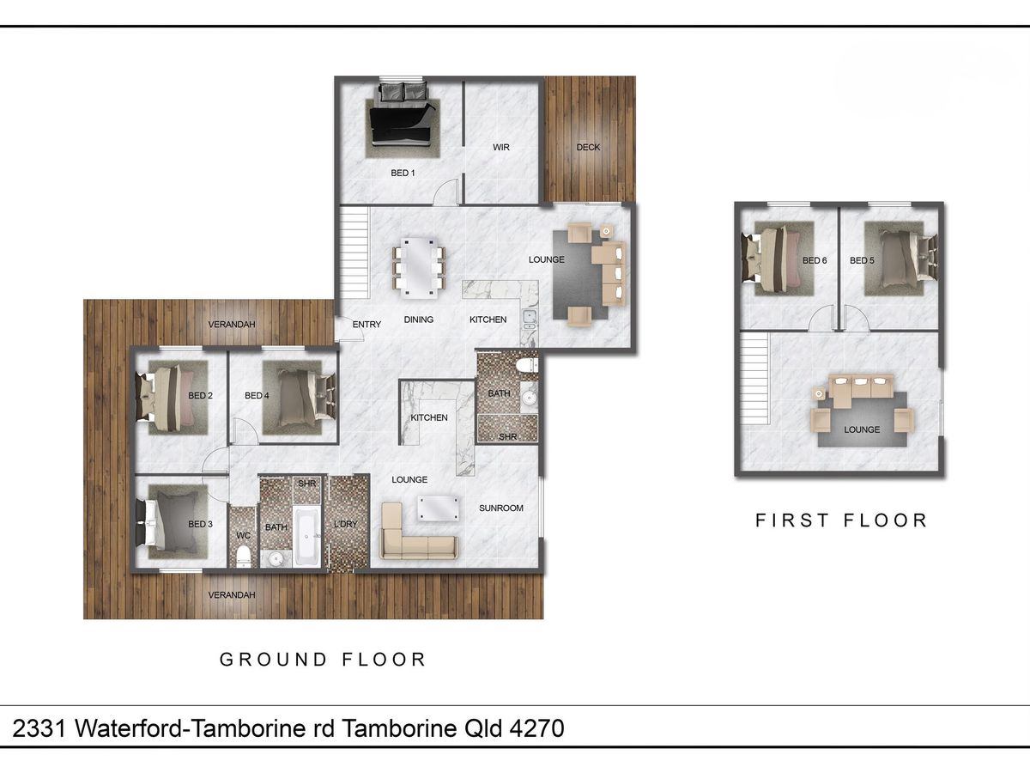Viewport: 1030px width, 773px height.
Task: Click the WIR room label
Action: [x=500, y=148]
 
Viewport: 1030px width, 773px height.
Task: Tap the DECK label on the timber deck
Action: [x=588, y=148]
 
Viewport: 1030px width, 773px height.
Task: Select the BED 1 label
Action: [x=403, y=173]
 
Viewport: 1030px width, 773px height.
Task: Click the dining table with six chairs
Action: [x=419, y=268]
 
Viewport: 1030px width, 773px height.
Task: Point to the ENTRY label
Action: [x=367, y=325]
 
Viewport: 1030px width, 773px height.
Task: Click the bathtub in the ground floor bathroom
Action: [x=307, y=536]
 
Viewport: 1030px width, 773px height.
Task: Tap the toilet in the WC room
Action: [x=243, y=557]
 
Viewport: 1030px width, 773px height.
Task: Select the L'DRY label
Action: [x=345, y=524]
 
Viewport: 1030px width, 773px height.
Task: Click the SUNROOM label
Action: [x=500, y=508]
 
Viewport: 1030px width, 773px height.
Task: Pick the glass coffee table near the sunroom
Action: [x=438, y=508]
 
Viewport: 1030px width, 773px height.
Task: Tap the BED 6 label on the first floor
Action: [x=815, y=260]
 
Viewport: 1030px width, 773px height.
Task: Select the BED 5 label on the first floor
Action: [x=862, y=260]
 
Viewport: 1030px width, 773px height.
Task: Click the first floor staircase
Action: [x=754, y=379]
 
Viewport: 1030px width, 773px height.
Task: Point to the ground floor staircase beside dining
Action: [x=354, y=253]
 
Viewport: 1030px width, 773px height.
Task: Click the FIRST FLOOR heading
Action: [x=841, y=520]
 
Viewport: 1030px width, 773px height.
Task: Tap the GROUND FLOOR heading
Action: [x=323, y=660]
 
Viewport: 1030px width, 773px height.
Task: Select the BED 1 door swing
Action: [x=445, y=192]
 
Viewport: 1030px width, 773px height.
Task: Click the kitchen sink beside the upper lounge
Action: [x=530, y=320]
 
